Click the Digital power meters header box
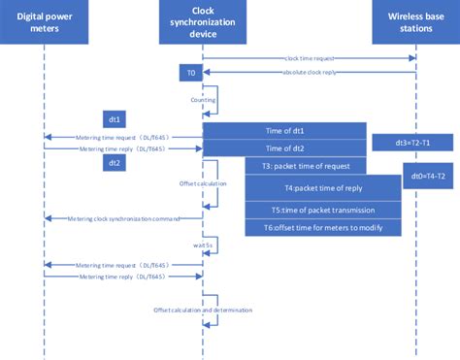pos(44,21)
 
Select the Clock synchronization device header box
pos(203,21)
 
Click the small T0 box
pos(190,74)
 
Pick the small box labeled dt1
pos(115,120)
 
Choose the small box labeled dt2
pos(115,163)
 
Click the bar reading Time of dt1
pos(283,130)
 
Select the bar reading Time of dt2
pos(283,148)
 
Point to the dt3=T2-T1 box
pos(411,143)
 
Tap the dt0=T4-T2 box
pos(428,176)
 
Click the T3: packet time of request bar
pos(306,166)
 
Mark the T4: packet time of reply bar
pos(323,189)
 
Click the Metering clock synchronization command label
pos(127,219)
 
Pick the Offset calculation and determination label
pos(203,310)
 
